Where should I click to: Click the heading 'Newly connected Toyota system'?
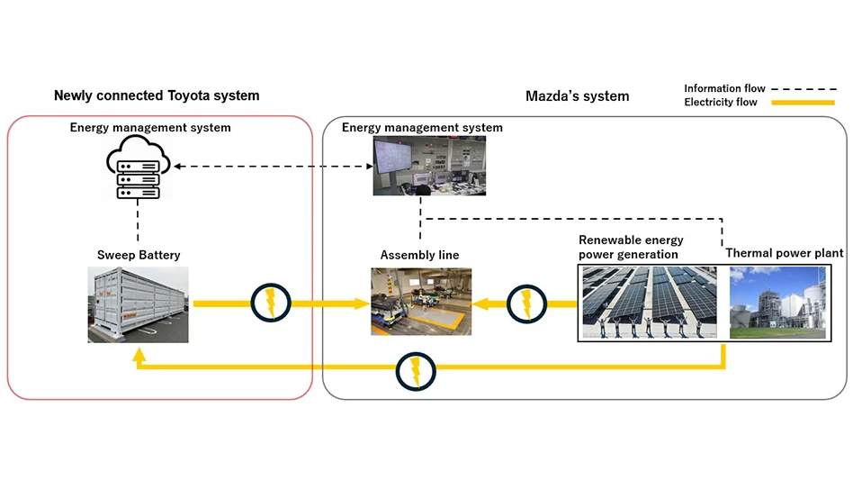coord(157,95)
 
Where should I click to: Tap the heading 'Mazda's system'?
coord(577,95)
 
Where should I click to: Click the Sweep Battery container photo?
coord(139,305)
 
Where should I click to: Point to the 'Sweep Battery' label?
coord(139,255)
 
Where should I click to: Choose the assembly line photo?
coord(420,302)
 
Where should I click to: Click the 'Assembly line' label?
coord(419,255)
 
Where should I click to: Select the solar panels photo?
coord(649,302)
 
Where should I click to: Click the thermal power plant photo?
coord(777,302)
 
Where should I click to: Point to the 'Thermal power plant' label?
coord(785,253)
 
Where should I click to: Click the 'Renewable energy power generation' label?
coord(631,247)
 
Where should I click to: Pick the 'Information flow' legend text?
coord(724,88)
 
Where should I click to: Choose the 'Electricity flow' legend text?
coord(721,103)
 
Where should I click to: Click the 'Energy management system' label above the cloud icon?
coord(150,128)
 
